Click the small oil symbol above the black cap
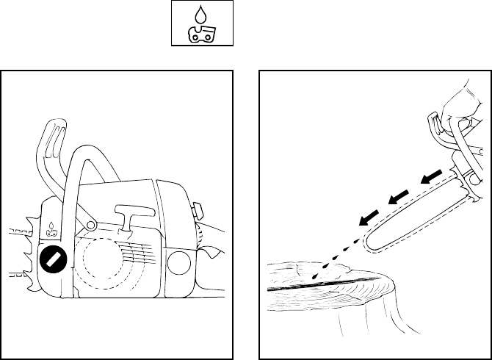pyautogui.click(x=51, y=228)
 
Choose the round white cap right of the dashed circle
pyautogui.click(x=178, y=264)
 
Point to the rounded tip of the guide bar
pyautogui.click(x=372, y=246)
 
